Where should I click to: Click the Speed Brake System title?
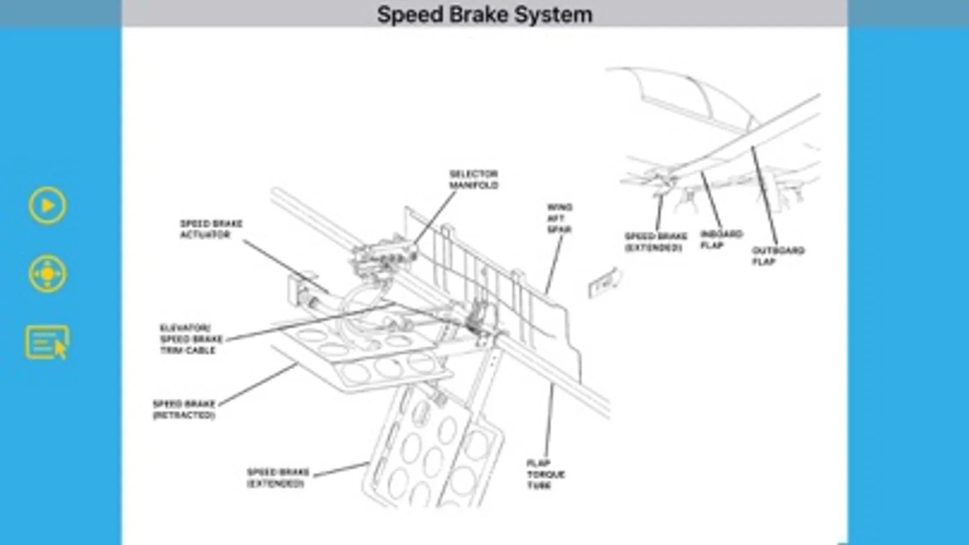(x=484, y=15)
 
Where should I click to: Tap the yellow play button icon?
(x=47, y=206)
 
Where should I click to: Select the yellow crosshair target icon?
(x=47, y=274)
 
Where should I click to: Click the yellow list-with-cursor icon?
(x=47, y=343)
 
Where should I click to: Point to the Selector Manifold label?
(x=473, y=179)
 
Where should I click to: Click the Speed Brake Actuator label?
(x=210, y=229)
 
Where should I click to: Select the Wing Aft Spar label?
(x=559, y=218)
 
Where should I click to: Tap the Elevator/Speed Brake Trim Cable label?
(x=191, y=339)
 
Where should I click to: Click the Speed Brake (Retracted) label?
(x=184, y=409)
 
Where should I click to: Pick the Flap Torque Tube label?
(x=545, y=474)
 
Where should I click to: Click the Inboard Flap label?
(x=721, y=239)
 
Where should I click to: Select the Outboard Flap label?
(x=778, y=256)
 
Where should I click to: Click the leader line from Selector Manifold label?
(x=435, y=218)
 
